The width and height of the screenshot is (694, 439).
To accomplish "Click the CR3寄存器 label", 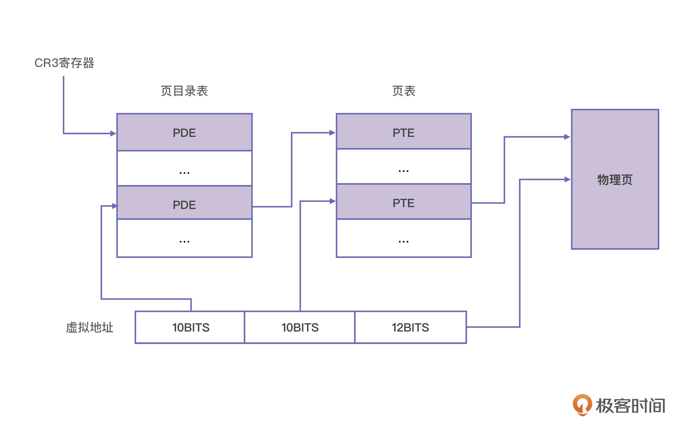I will (x=64, y=63).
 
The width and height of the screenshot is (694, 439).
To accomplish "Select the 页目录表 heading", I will (x=184, y=91).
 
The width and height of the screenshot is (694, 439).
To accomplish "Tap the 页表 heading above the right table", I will (x=404, y=91).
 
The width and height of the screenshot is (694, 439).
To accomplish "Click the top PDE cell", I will (x=184, y=132).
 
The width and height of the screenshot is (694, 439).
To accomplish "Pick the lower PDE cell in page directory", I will (x=184, y=204).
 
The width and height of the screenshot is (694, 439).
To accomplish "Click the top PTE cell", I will (x=404, y=132).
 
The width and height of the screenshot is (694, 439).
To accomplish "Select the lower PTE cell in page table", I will (x=404, y=203).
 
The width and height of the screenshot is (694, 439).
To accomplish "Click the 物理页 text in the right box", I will (x=615, y=180).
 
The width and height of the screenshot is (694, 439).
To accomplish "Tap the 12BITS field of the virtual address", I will (x=410, y=327).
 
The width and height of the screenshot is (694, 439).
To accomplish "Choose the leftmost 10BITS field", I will (x=191, y=327).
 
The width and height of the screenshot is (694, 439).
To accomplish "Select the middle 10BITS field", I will (x=300, y=327).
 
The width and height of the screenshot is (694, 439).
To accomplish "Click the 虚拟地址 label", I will (x=90, y=327).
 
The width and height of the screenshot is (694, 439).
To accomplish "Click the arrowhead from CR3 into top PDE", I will (x=113, y=134).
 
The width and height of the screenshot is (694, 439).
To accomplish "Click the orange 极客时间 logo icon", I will (x=582, y=405).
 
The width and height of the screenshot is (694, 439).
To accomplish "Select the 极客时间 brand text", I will (x=630, y=405).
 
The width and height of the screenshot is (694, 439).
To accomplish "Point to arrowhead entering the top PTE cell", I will (x=332, y=132).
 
